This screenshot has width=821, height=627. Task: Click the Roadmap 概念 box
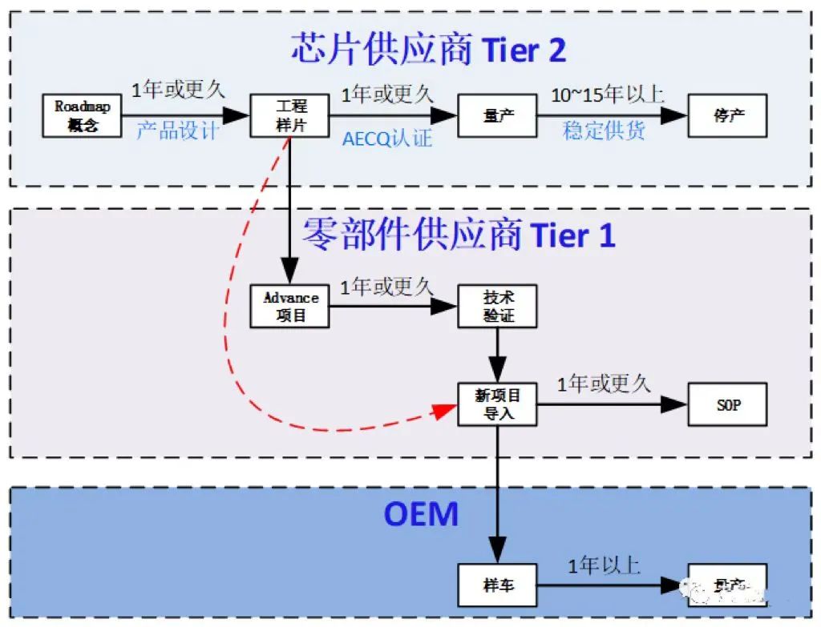click(82, 115)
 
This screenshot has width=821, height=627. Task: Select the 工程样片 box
click(290, 115)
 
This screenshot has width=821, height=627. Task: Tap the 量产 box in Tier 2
click(497, 115)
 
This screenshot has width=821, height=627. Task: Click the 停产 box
click(727, 115)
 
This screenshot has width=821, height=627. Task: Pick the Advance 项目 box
click(290, 306)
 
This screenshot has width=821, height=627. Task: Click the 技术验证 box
click(497, 306)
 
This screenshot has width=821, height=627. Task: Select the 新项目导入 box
click(497, 404)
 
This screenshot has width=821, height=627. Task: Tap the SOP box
click(727, 404)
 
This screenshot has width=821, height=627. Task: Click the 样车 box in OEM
click(497, 585)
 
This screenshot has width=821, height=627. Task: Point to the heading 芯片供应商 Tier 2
click(428, 50)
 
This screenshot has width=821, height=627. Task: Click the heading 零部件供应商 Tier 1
click(458, 235)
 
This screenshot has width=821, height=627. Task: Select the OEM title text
click(421, 513)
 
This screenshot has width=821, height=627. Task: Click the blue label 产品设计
click(176, 131)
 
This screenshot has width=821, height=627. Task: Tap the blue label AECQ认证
click(387, 138)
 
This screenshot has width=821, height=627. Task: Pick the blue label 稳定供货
click(604, 131)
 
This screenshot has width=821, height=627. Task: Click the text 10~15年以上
click(607, 94)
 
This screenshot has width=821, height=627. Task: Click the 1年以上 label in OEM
click(604, 565)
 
